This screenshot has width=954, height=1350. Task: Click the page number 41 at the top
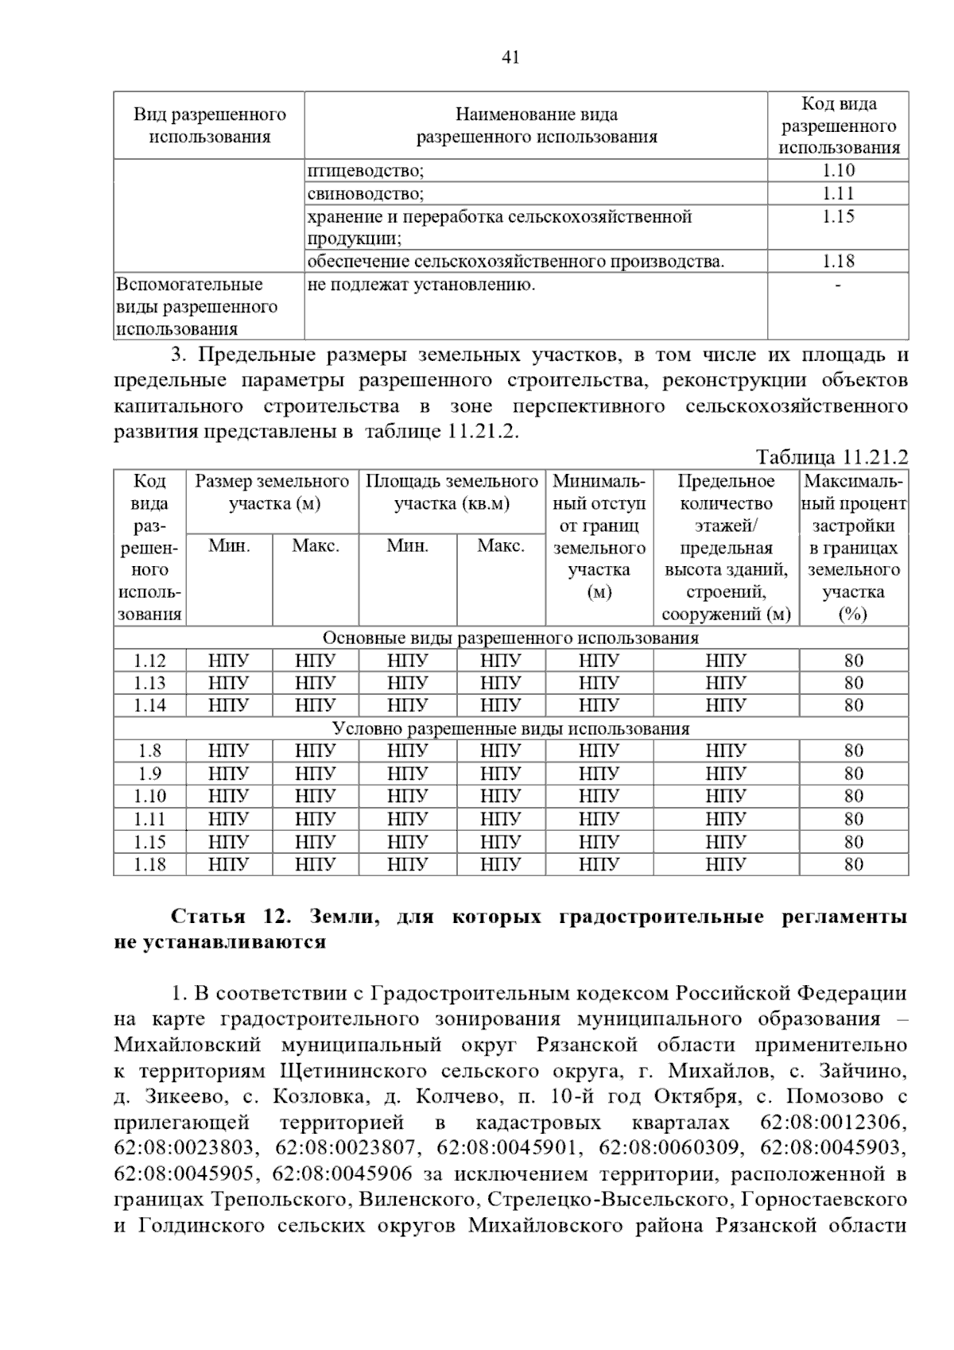click(510, 56)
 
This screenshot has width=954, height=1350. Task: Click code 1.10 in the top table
click(838, 170)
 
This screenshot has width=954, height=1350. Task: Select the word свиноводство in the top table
click(364, 193)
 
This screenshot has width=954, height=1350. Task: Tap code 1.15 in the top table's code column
click(838, 216)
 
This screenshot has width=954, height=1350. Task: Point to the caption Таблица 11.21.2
click(832, 457)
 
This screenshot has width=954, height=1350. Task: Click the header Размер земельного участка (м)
click(272, 492)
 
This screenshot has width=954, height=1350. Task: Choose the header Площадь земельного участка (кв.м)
click(452, 492)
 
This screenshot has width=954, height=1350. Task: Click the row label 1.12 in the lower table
click(149, 661)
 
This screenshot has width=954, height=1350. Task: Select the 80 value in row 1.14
click(854, 705)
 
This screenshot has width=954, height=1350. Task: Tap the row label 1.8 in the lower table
click(149, 751)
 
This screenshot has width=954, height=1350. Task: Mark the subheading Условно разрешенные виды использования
click(510, 728)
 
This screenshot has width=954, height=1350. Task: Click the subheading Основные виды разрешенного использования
click(510, 638)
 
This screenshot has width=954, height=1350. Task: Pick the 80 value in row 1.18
click(854, 864)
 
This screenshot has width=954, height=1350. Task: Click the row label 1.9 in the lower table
click(149, 774)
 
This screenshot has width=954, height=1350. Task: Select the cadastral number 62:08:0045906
click(342, 1174)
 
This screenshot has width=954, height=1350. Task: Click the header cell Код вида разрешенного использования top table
click(838, 126)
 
